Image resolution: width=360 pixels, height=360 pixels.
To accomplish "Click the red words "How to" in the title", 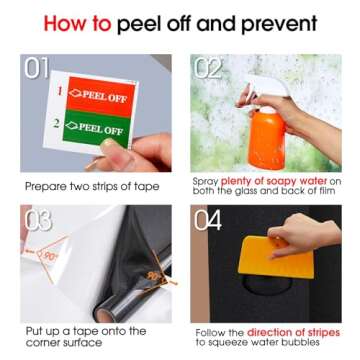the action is click(77, 23).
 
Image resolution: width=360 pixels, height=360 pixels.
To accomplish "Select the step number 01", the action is click(36, 69).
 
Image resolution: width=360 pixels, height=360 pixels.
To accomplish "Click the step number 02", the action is click(207, 68).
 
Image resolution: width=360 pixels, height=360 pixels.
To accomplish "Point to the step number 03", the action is click(38, 220).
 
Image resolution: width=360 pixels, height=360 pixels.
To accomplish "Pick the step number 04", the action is click(208, 220).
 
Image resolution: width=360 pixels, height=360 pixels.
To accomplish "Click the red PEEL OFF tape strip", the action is click(101, 96).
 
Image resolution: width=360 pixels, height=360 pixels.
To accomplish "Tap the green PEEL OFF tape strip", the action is click(97, 129).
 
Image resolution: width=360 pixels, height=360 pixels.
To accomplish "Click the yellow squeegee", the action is click(277, 257).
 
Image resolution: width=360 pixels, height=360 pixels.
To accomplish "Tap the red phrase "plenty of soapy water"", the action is click(274, 182).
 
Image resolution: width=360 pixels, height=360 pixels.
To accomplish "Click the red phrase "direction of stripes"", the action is click(293, 332).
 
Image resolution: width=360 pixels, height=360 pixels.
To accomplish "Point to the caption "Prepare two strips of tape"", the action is click(92, 186).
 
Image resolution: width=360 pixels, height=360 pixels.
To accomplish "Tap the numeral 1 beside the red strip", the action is click(60, 90).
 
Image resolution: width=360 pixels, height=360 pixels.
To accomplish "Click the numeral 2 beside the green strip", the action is click(57, 123).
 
